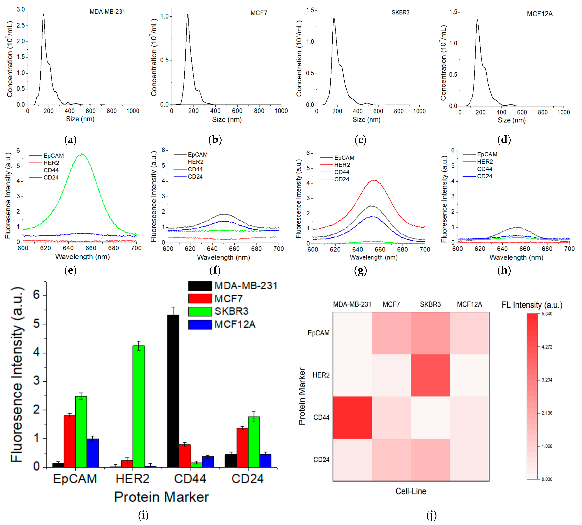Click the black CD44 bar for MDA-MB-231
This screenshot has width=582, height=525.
click(173, 391)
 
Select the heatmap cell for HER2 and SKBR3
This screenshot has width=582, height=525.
click(430, 375)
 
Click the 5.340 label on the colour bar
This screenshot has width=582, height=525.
click(547, 314)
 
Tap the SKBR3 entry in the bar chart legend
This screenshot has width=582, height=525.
click(231, 311)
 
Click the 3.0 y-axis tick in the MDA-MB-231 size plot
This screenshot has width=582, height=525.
click(21, 10)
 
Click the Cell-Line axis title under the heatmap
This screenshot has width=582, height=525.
click(411, 491)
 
